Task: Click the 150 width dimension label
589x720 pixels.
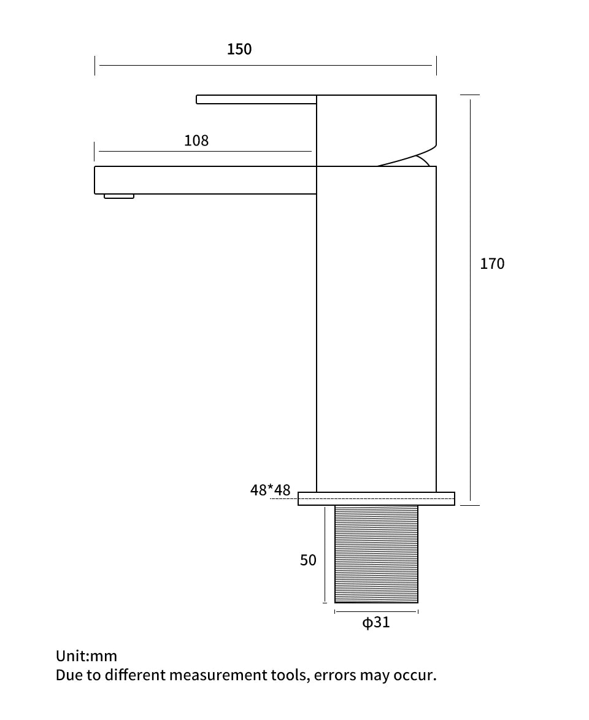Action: pyautogui.click(x=239, y=49)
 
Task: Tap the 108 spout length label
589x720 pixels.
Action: pyautogui.click(x=196, y=141)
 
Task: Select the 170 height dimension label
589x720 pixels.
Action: pyautogui.click(x=492, y=263)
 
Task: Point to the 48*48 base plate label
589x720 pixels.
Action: pyautogui.click(x=270, y=490)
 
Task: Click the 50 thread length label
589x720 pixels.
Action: pyautogui.click(x=308, y=560)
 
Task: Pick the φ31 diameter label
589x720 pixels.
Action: pyautogui.click(x=376, y=622)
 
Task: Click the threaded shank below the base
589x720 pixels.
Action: pyautogui.click(x=376, y=554)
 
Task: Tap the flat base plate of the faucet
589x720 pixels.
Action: pyautogui.click(x=376, y=498)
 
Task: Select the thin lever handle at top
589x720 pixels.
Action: pyautogui.click(x=256, y=99)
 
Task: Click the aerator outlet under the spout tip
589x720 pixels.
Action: pyautogui.click(x=119, y=196)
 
